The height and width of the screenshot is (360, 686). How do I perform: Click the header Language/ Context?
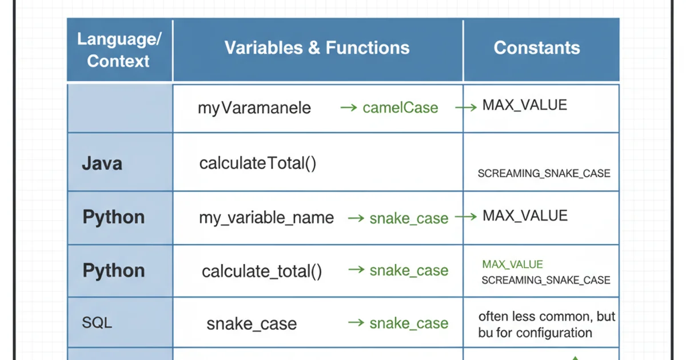[119, 50]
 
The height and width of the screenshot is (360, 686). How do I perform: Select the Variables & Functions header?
[317, 48]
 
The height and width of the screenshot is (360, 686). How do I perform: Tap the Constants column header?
[537, 48]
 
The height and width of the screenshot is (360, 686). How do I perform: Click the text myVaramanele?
[254, 108]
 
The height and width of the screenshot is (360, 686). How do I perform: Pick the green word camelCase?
[400, 108]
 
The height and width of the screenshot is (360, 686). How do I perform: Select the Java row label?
[102, 163]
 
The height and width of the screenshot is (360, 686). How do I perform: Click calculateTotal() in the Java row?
[258, 163]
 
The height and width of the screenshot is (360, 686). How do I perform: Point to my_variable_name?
[266, 218]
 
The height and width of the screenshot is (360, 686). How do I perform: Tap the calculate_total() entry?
[262, 271]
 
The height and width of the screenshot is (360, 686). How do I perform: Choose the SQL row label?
[97, 323]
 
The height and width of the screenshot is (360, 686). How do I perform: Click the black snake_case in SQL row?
[252, 324]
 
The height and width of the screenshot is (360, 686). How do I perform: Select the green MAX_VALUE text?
[512, 265]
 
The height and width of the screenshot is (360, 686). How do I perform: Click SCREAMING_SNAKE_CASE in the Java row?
[544, 173]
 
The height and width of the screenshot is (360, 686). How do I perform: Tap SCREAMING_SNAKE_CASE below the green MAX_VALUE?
[545, 281]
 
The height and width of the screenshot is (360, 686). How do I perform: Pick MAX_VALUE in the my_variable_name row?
[525, 216]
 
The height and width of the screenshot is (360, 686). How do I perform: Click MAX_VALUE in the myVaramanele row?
[524, 105]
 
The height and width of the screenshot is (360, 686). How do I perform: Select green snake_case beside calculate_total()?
[409, 271]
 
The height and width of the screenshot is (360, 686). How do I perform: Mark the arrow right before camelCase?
[348, 107]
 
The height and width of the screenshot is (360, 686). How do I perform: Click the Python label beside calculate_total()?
[113, 271]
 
